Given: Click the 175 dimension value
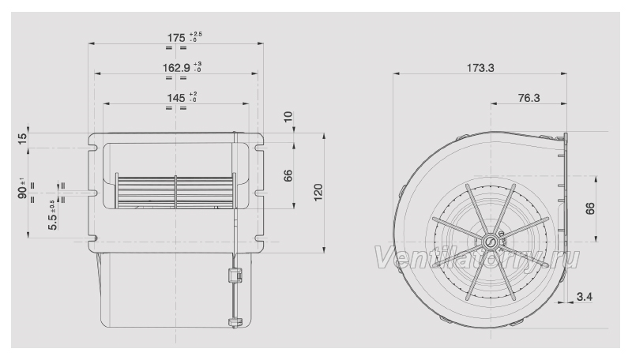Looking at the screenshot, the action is click(x=176, y=38).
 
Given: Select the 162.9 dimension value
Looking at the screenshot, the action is click(x=176, y=68).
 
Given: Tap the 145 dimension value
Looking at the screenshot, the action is click(x=176, y=98).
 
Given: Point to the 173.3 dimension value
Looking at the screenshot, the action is click(x=480, y=68).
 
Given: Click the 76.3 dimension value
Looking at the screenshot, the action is click(x=529, y=98).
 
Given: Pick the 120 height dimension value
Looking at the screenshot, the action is click(x=318, y=192).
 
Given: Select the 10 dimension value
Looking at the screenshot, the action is click(x=288, y=117).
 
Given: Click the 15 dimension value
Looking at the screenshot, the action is click(x=23, y=138).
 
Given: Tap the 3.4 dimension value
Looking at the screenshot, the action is click(x=585, y=297).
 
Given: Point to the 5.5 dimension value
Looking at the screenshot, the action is click(x=53, y=221).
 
